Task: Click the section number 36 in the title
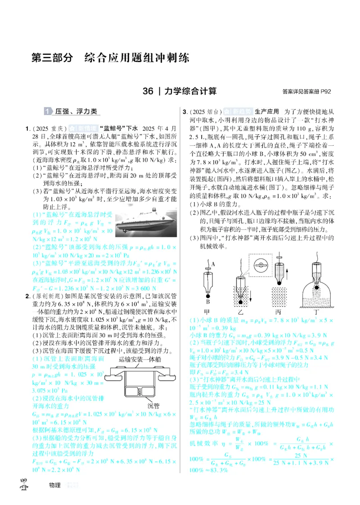pyautogui.click(x=148, y=91)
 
